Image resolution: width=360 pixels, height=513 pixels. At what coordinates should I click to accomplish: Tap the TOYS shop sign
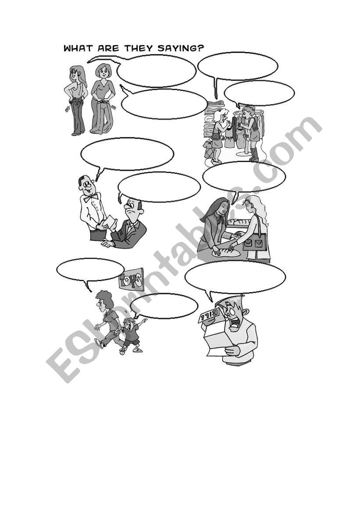132,280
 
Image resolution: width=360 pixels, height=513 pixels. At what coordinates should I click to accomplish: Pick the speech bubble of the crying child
164,306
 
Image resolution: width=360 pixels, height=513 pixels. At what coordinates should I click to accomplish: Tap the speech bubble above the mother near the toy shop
90,270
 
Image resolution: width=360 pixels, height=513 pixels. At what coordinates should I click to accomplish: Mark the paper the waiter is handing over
110,222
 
